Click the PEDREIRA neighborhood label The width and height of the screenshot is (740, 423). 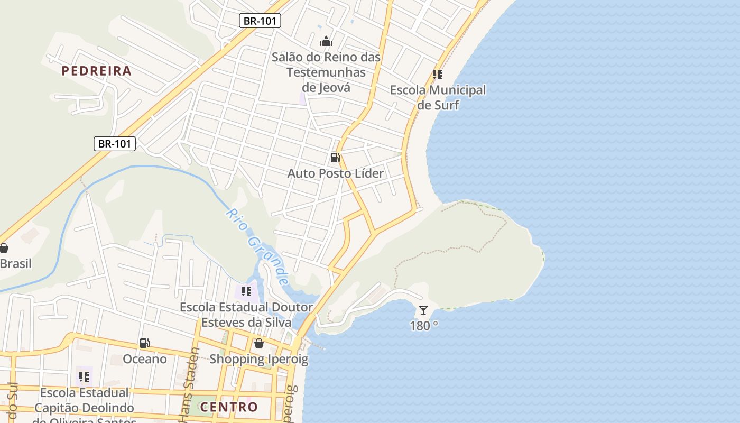pos(96,71)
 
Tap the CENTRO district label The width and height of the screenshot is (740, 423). pos(229,407)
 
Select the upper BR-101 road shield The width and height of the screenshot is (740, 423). pos(260,21)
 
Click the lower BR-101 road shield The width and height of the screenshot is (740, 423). pos(115,143)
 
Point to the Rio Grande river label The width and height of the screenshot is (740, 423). pos(258,246)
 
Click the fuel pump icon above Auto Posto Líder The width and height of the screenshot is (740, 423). pos(335,158)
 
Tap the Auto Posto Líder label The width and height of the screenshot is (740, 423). pos(336,173)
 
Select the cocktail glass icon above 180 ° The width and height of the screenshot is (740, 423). pos(423,310)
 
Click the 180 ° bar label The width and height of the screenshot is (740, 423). pos(424,326)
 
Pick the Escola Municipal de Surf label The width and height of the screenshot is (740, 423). pos(438,97)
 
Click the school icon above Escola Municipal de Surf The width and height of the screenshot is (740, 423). pos(438,75)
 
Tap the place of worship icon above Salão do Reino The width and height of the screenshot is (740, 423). pos(326,41)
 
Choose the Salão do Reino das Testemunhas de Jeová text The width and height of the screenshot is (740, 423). pos(326,72)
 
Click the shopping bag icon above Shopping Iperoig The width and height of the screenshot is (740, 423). pos(259,344)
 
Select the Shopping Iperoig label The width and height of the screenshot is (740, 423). pos(259,360)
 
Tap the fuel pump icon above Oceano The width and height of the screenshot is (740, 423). pos(144,344)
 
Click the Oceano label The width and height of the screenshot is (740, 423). pos(145,360)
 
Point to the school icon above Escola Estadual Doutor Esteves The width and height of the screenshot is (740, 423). pos(246,291)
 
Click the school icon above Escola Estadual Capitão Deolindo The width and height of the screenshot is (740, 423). pos(84,377)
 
